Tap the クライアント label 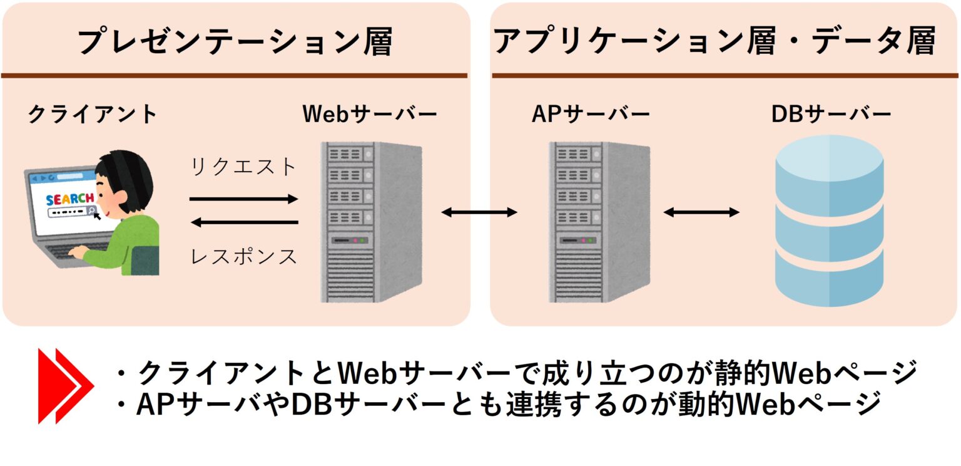[x=93, y=115]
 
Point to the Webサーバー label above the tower [x=370, y=115]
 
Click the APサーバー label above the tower [x=591, y=115]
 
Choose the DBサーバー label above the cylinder [x=831, y=115]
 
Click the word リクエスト [x=243, y=167]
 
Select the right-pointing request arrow [x=243, y=199]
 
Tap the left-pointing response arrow [x=243, y=222]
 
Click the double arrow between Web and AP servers [x=479, y=213]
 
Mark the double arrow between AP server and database [x=701, y=213]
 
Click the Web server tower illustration [x=370, y=222]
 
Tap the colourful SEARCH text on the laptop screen [x=69, y=199]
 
